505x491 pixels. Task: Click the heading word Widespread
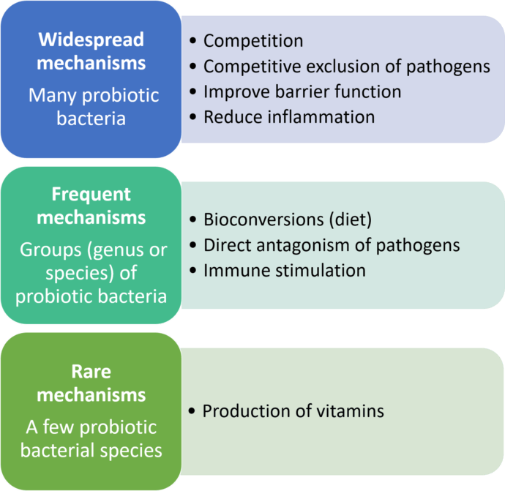click(x=91, y=40)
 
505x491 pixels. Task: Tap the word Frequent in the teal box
click(x=91, y=195)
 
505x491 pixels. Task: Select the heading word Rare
click(x=91, y=372)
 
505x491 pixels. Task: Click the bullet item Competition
click(x=253, y=41)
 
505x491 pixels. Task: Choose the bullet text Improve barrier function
click(x=302, y=91)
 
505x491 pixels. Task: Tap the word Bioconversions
click(x=263, y=220)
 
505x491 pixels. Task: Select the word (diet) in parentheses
click(x=351, y=220)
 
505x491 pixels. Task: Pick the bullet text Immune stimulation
click(x=285, y=271)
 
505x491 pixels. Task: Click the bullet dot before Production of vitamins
click(x=192, y=411)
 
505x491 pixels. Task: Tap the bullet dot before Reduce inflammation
click(x=193, y=116)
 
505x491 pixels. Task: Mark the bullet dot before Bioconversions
click(x=193, y=220)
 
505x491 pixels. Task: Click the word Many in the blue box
click(x=53, y=97)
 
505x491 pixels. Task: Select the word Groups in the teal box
click(x=50, y=251)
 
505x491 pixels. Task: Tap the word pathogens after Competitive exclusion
click(x=448, y=67)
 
